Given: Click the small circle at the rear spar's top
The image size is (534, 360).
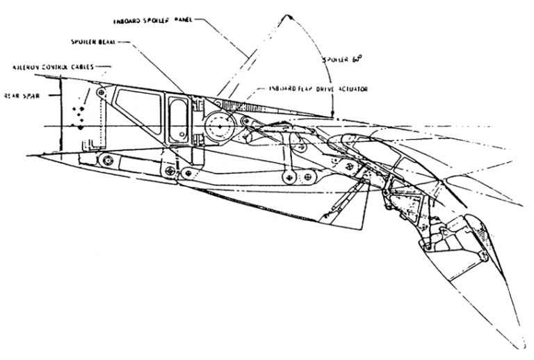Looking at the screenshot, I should tap(102, 92).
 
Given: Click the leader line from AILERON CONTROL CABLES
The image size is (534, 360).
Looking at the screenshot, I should tap(103, 67).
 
